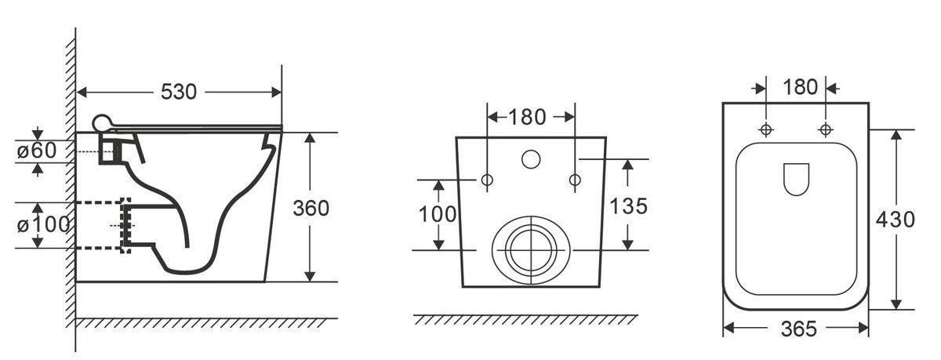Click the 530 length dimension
(179, 92)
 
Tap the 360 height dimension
(311, 209)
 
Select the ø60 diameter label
(37, 151)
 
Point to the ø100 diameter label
(43, 225)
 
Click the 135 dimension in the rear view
(628, 206)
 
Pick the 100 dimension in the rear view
(438, 214)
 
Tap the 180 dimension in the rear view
(527, 117)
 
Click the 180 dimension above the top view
(801, 87)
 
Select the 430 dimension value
(896, 220)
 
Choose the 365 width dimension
(799, 329)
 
